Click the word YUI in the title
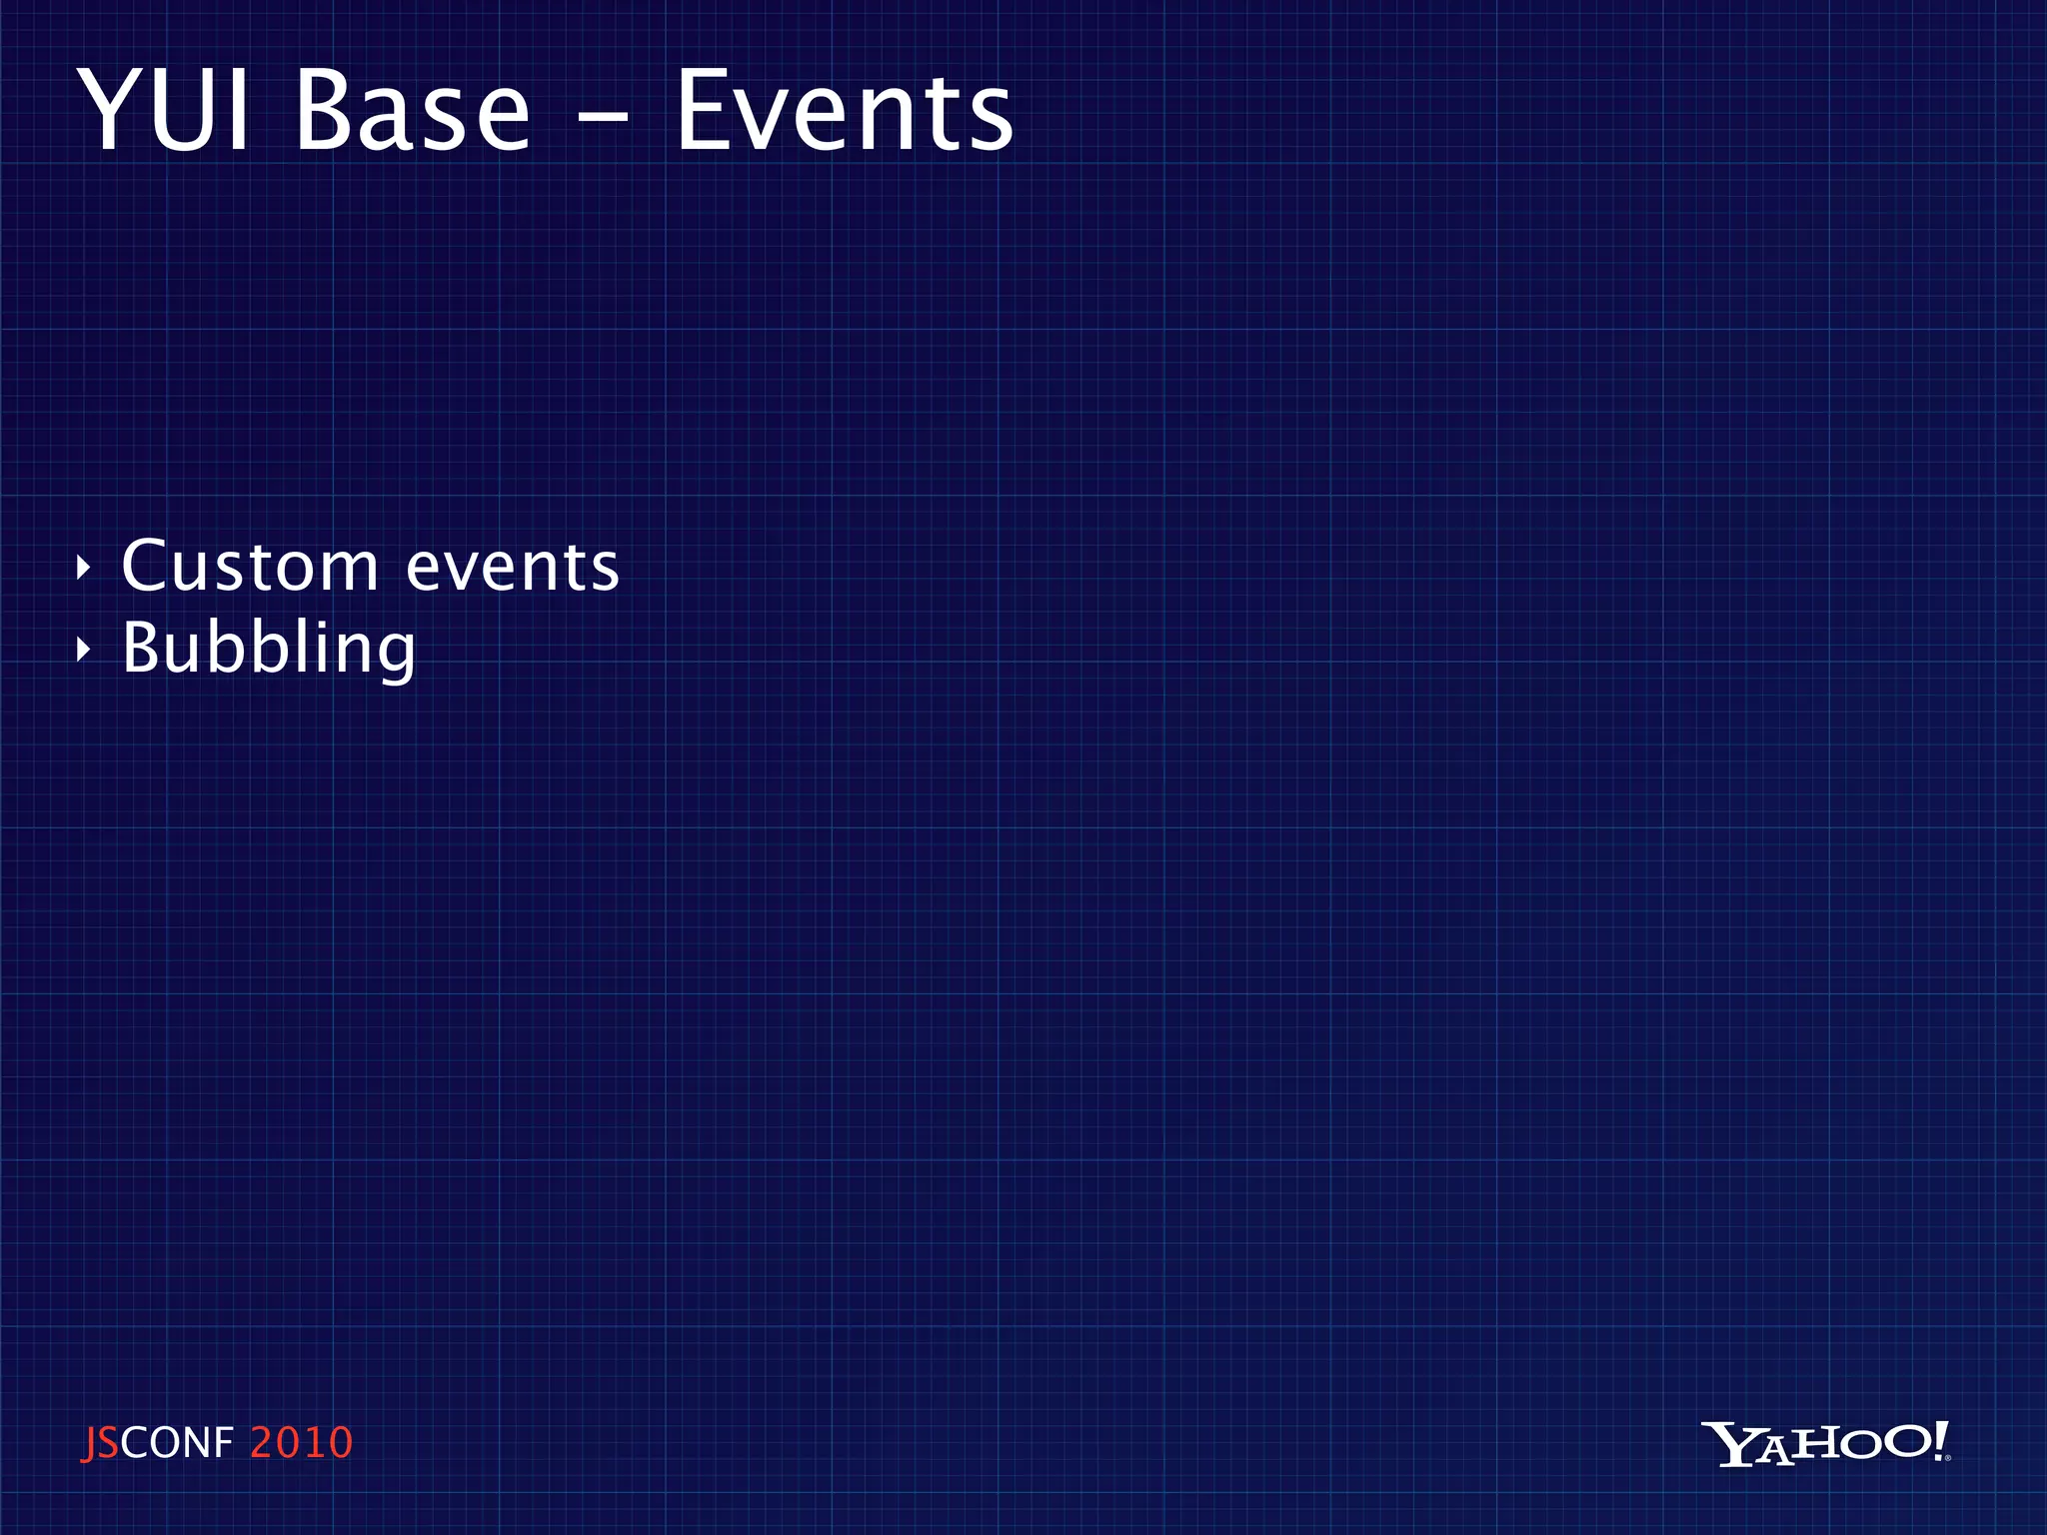[165, 112]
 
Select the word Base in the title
[412, 112]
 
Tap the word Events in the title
[845, 112]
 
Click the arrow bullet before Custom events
[84, 569]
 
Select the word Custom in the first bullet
[250, 567]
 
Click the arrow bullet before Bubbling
[84, 651]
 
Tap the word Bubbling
[268, 650]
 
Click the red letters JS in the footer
[100, 1443]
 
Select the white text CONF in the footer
[177, 1443]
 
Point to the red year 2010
[301, 1443]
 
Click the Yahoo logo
[1825, 1443]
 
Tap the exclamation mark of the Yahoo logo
[1940, 1441]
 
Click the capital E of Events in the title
[704, 112]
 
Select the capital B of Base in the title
[322, 112]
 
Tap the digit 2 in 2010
[262, 1443]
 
